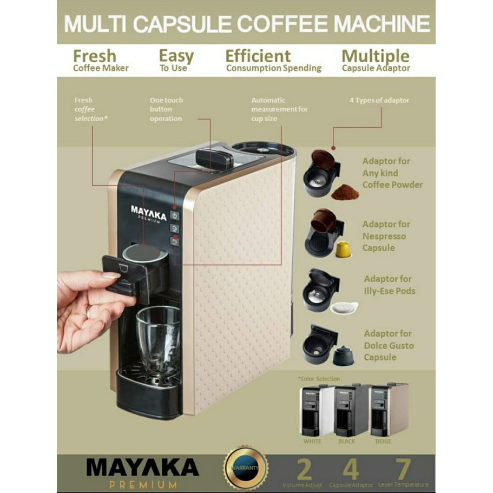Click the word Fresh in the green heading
pos(95,56)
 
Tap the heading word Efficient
pos(258,56)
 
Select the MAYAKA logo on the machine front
pos(148,211)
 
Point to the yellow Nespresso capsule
pos(343,249)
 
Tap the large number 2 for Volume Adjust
pos(304,468)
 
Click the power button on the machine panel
pos(174,215)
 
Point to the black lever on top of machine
pos(214,158)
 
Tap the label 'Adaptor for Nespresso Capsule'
pos(386,236)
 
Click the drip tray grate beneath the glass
pos(148,373)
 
